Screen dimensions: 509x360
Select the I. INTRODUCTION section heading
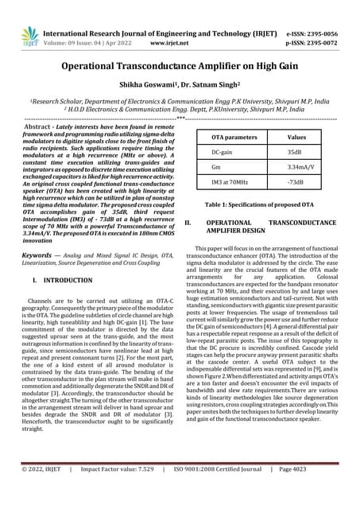click(x=64, y=281)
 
